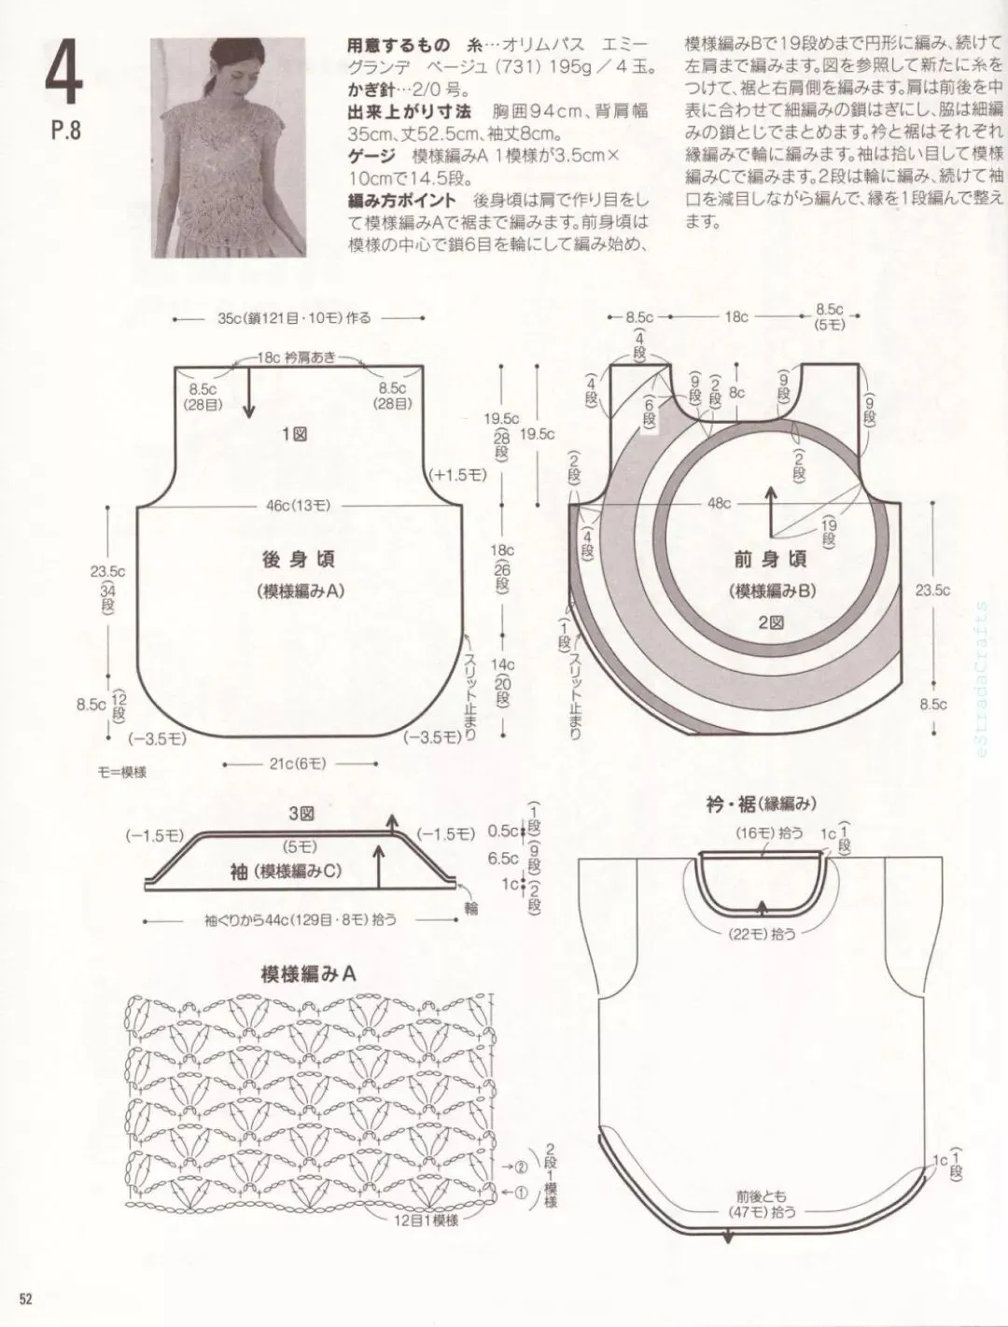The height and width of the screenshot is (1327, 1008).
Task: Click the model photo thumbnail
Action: click(x=230, y=147)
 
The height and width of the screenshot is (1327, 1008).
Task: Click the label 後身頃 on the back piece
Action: click(x=299, y=560)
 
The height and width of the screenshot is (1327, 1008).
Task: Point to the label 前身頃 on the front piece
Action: click(x=771, y=560)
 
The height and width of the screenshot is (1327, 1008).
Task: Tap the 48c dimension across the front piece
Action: click(x=719, y=503)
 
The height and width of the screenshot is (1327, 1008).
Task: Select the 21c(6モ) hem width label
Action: click(x=297, y=763)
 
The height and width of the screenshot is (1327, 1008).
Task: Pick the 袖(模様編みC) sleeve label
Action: click(x=286, y=871)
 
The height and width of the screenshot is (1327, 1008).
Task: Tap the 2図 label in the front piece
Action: click(x=771, y=621)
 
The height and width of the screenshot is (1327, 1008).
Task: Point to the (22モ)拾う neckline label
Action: click(x=763, y=931)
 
